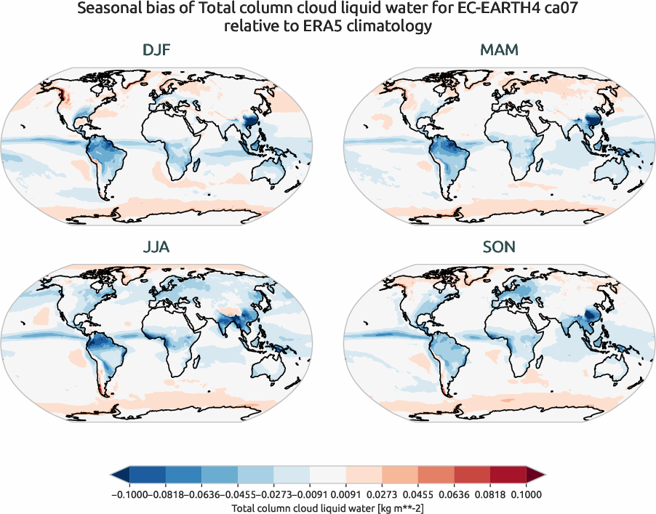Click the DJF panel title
158,51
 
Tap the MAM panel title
498,51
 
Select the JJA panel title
156,247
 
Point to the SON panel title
498,247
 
